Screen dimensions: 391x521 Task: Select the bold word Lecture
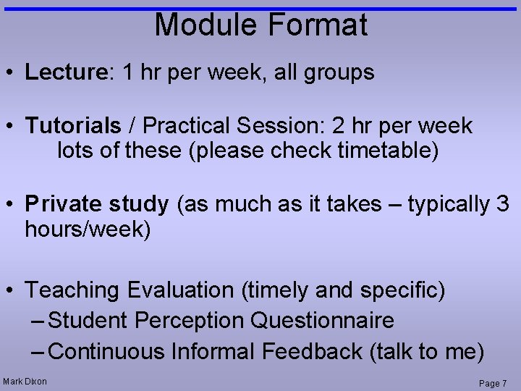point(66,72)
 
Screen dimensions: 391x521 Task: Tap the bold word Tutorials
point(73,126)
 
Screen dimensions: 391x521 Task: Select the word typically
point(448,204)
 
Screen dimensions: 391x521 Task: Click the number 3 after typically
point(503,204)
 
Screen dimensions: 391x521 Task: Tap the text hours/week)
point(88,230)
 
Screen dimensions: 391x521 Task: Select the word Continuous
point(108,352)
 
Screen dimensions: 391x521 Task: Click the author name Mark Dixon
point(25,382)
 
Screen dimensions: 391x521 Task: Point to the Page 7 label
point(494,383)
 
